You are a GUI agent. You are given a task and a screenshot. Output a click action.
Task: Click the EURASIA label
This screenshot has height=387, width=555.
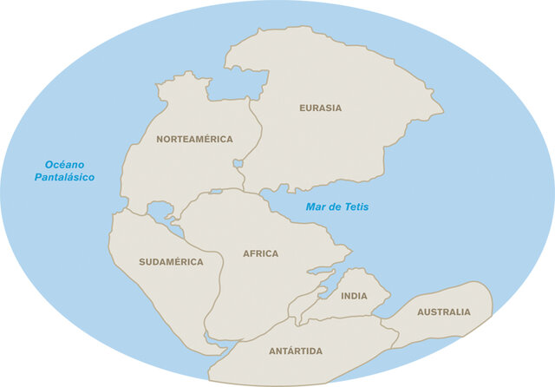(320, 108)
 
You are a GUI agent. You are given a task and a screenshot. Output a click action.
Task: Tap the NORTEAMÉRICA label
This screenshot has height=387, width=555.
(194, 139)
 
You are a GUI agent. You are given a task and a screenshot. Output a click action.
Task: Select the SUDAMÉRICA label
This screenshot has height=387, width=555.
(171, 261)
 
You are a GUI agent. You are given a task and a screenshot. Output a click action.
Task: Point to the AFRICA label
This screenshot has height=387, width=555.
(260, 254)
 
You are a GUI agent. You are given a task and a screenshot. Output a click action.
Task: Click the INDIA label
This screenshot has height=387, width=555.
(354, 296)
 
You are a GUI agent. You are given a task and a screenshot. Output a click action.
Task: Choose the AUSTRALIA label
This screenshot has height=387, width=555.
(443, 312)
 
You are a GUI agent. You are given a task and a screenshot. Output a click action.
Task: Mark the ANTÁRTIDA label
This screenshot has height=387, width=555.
(296, 351)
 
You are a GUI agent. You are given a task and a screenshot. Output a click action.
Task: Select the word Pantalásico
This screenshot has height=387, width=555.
(63, 178)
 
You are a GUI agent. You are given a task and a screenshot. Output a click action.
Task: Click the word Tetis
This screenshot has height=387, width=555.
(355, 207)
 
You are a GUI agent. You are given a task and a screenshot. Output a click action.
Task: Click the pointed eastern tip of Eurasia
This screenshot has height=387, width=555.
(442, 111)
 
